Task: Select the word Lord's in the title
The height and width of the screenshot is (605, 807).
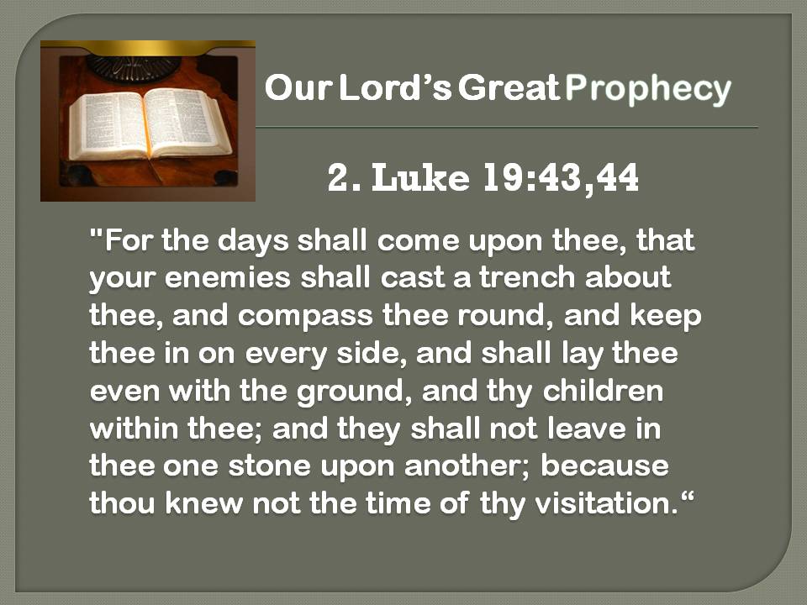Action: click(x=395, y=87)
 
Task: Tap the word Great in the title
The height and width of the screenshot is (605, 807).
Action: click(x=509, y=87)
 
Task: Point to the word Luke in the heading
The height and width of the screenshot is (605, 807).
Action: click(x=420, y=178)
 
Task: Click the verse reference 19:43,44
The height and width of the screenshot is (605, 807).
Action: click(x=561, y=179)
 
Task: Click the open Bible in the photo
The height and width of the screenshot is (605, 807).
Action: click(x=150, y=124)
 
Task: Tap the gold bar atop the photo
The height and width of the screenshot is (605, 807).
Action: click(x=148, y=48)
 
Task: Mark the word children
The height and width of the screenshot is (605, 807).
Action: click(x=603, y=391)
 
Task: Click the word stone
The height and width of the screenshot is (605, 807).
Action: click(x=269, y=466)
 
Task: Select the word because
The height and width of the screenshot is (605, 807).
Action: click(x=604, y=466)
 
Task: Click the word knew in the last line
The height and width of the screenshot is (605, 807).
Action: click(x=203, y=503)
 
